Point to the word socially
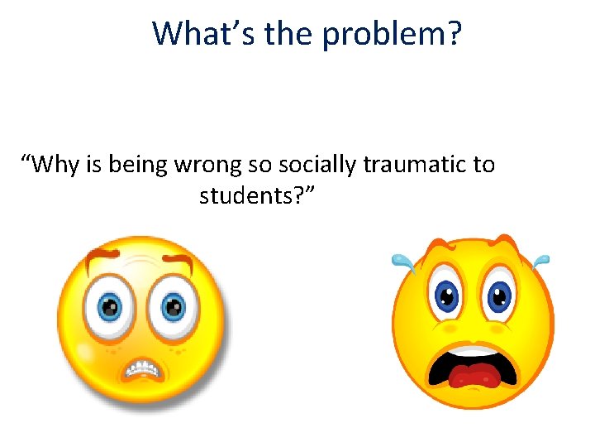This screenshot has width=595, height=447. tap(320, 165)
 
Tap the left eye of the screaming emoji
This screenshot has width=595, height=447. tap(446, 295)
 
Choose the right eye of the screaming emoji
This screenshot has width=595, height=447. tap(497, 295)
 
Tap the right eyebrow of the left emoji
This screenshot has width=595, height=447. tap(178, 262)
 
